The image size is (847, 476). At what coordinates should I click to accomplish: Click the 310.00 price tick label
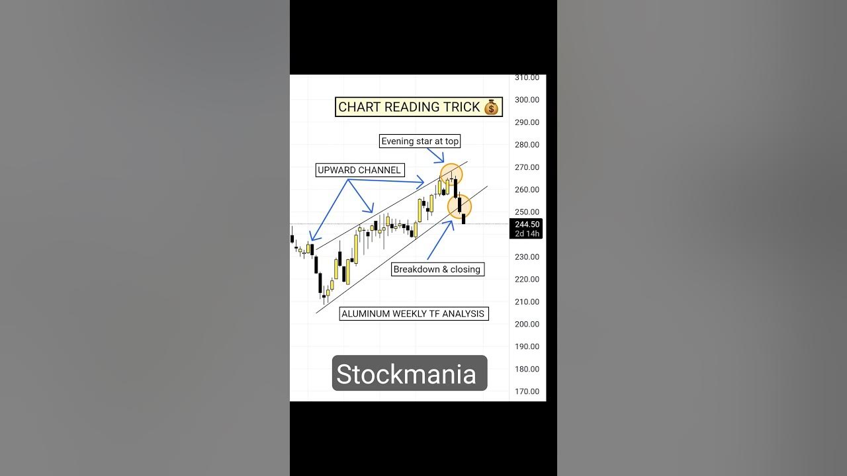[x=527, y=78]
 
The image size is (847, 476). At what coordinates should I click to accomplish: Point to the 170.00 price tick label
[x=527, y=391]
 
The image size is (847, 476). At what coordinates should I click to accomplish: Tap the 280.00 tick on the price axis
[x=527, y=145]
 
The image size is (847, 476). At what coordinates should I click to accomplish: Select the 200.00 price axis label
[x=527, y=324]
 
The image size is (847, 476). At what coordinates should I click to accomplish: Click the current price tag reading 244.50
[x=527, y=224]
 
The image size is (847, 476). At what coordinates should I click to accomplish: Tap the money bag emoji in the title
[x=491, y=107]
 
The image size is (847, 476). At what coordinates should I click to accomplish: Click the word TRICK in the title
[x=459, y=107]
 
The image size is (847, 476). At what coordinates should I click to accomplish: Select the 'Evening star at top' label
[x=420, y=141]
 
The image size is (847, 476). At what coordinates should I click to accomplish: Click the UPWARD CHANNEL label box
[x=359, y=171]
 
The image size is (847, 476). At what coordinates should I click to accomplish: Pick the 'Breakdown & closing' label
[x=437, y=270]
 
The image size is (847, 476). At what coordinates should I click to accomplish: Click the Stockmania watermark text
[x=406, y=374]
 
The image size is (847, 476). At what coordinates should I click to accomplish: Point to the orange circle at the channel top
[x=451, y=175]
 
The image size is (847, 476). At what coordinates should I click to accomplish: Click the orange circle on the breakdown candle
[x=459, y=206]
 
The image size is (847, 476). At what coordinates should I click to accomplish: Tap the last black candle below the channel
[x=464, y=218]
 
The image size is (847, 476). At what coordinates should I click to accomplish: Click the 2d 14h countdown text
[x=527, y=233]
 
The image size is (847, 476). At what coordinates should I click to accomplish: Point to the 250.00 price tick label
[x=527, y=212]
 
